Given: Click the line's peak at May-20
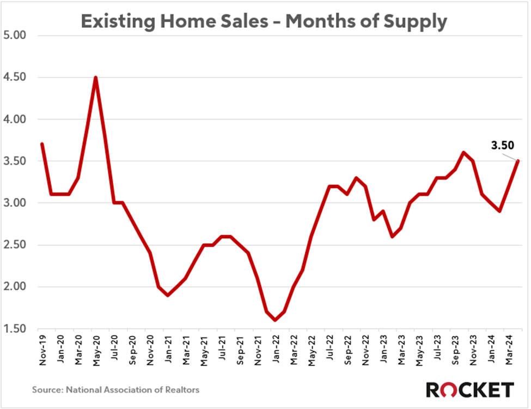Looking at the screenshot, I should coord(96,77).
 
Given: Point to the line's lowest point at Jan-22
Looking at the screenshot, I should coord(275,320).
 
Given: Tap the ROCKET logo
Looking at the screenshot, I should coord(469,390).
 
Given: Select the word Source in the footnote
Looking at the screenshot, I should coord(47,390).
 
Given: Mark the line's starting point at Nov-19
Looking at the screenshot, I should coord(42,144).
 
